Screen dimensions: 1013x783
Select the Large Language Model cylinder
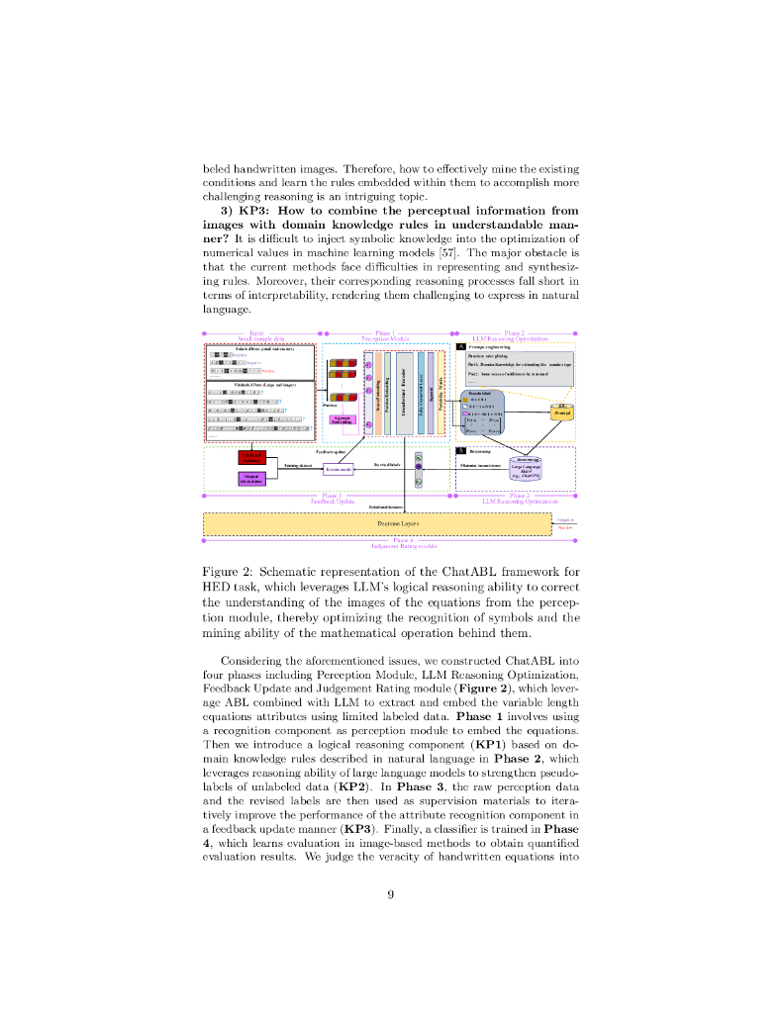[x=526, y=467]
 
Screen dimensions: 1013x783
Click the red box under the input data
[x=252, y=457]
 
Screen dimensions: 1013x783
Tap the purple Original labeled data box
[x=252, y=479]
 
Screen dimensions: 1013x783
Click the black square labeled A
[x=461, y=347]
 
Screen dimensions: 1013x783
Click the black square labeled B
[x=461, y=450]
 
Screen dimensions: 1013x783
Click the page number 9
[x=391, y=894]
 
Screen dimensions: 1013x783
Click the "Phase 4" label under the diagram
[x=404, y=540]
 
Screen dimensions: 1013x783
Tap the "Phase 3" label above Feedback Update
[x=332, y=495]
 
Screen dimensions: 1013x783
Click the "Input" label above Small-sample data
[x=256, y=333]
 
